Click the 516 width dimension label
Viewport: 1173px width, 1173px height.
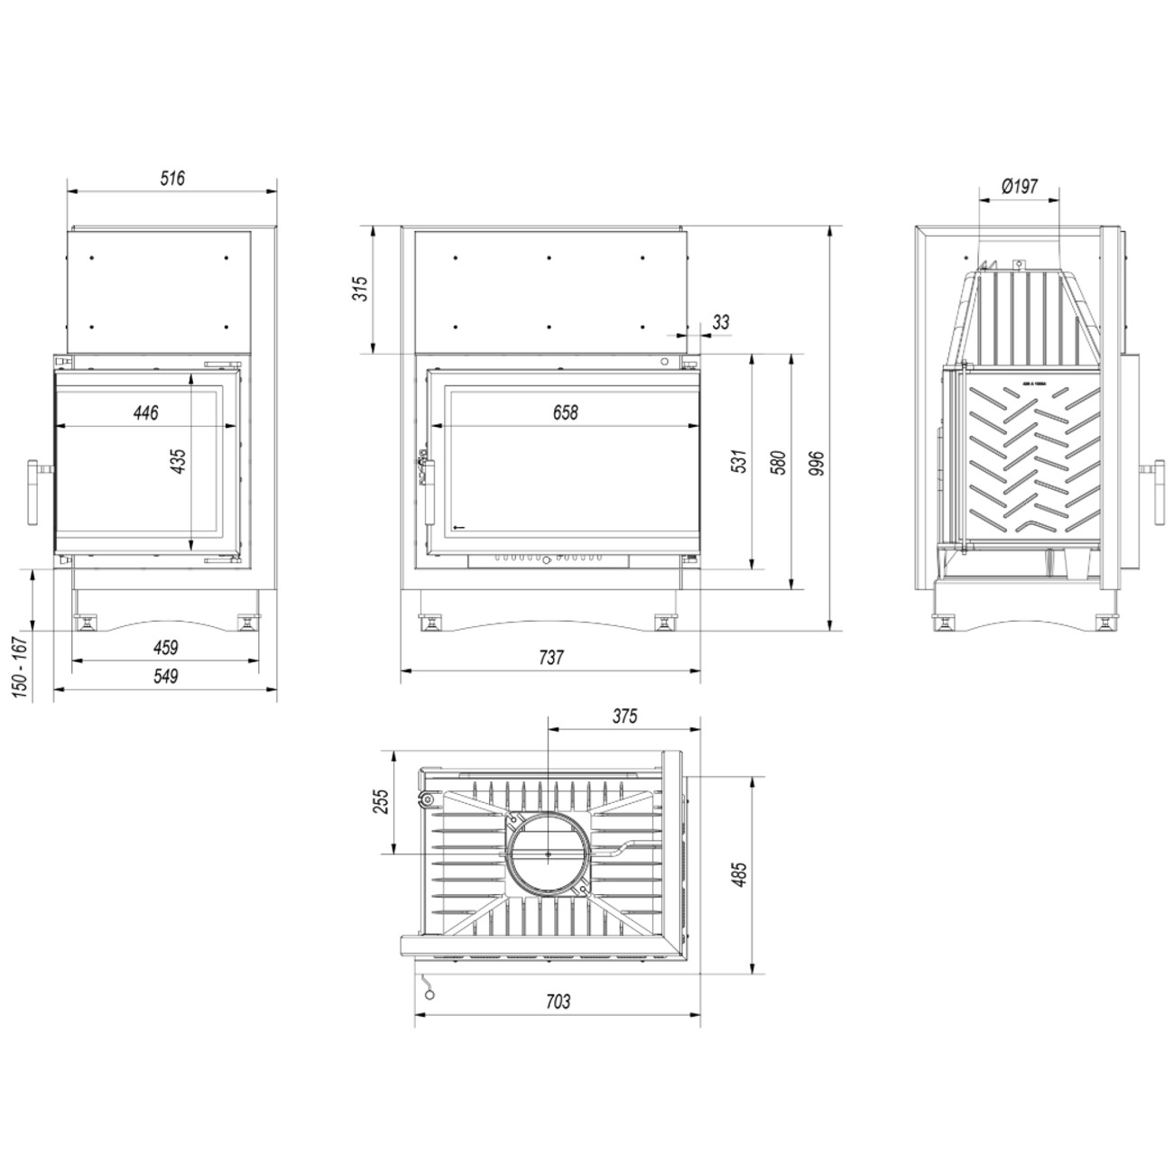click(172, 179)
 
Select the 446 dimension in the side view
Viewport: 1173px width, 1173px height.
click(145, 413)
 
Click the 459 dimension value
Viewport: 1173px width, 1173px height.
click(165, 647)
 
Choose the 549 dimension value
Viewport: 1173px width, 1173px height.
click(165, 676)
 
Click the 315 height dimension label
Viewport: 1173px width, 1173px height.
click(361, 290)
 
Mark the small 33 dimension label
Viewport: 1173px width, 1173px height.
click(720, 321)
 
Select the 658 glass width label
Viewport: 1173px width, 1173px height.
click(565, 412)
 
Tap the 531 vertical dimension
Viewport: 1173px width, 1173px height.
click(739, 461)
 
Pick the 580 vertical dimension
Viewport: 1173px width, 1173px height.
click(779, 461)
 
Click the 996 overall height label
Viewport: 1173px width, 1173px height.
click(817, 461)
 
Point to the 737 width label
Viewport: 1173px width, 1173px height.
click(550, 658)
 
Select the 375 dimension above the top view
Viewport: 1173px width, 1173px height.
click(624, 716)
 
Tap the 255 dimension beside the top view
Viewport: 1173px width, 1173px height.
click(380, 801)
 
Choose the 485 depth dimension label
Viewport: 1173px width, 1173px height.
click(739, 875)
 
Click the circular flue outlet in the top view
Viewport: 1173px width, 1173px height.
click(549, 853)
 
